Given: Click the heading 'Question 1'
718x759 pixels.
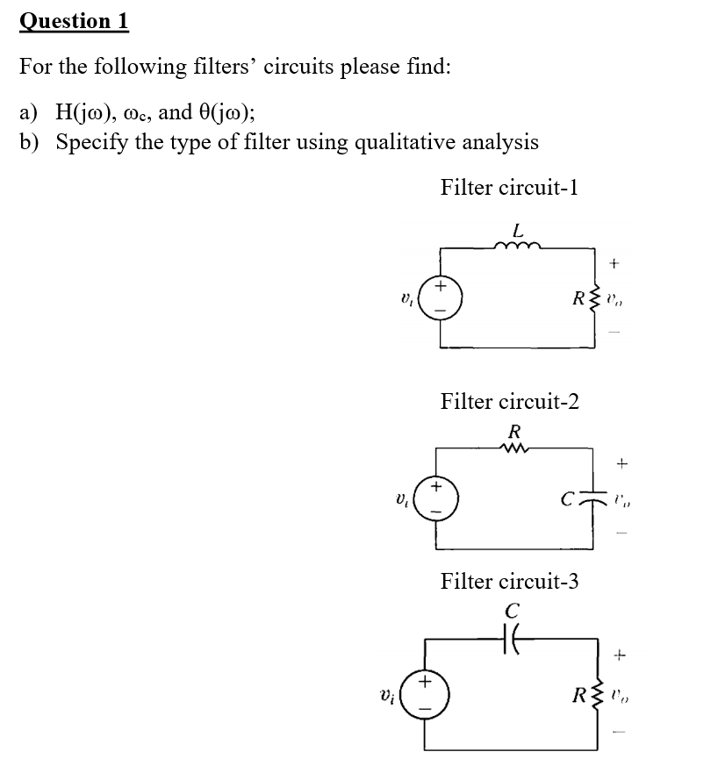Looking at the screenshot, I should point(74,20).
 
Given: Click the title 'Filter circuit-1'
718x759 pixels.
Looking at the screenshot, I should point(509,188).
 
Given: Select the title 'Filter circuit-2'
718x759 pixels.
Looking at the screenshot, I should point(509,402).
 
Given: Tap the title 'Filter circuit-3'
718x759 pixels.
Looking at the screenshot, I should point(509,581).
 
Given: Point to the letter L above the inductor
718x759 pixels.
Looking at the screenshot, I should point(518,231).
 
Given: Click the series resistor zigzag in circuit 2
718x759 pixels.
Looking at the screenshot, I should point(515,448).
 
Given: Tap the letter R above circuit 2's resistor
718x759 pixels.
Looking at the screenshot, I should point(515,431).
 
